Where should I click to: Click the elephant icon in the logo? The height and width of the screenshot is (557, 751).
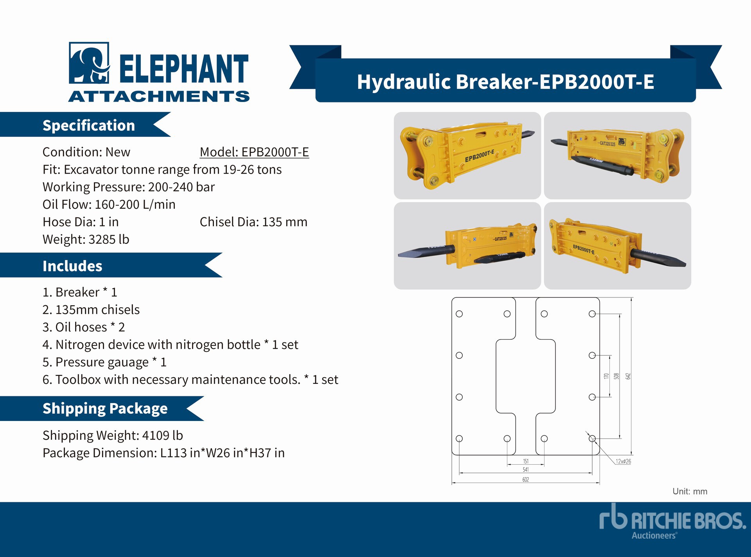pyautogui.click(x=89, y=63)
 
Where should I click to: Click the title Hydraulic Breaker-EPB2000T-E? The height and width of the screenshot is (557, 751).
pyautogui.click(x=505, y=82)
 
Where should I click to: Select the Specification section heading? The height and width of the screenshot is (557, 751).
pyautogui.click(x=89, y=125)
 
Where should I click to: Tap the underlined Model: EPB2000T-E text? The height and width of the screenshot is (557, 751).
pyautogui.click(x=254, y=152)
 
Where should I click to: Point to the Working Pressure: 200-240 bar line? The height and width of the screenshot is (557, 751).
pyautogui.click(x=129, y=187)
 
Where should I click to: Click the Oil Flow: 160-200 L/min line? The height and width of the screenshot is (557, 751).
pyautogui.click(x=109, y=204)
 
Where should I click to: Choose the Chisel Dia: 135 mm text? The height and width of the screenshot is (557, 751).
pyautogui.click(x=253, y=222)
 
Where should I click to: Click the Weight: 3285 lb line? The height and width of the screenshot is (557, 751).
pyautogui.click(x=86, y=239)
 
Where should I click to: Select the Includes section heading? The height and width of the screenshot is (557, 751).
pyautogui.click(x=72, y=266)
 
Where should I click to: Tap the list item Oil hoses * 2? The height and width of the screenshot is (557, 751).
pyautogui.click(x=84, y=327)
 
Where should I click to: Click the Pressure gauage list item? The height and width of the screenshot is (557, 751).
pyautogui.click(x=104, y=362)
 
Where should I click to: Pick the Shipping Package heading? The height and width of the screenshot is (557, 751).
pyautogui.click(x=105, y=408)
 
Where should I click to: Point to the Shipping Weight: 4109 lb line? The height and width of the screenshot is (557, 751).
pyautogui.click(x=113, y=435)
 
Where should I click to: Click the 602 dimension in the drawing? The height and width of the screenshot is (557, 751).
pyautogui.click(x=526, y=480)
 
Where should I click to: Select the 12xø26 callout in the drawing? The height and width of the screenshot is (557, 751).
pyautogui.click(x=623, y=461)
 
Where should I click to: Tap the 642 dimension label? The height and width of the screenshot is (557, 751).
pyautogui.click(x=628, y=376)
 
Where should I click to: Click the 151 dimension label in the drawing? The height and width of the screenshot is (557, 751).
pyautogui.click(x=526, y=461)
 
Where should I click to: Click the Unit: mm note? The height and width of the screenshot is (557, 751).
pyautogui.click(x=690, y=491)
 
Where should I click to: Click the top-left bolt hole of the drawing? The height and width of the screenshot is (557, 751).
pyautogui.click(x=459, y=314)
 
